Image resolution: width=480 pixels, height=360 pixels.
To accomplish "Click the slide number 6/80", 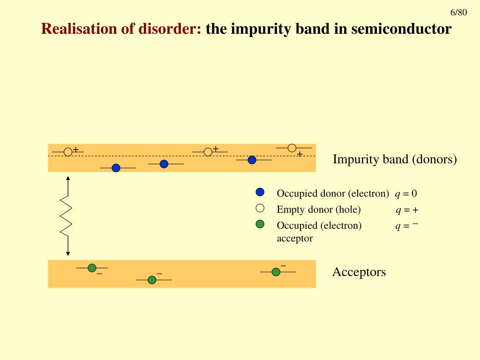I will coord(458,13).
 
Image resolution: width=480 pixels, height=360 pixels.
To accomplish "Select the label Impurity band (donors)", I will coord(395,159).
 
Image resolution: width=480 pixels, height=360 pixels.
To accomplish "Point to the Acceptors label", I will coord(359,272).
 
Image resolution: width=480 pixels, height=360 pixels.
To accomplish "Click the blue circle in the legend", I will coord(260,192).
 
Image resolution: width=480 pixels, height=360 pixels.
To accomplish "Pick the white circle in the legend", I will coord(260,208).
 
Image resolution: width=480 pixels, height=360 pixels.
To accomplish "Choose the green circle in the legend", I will coord(260,224).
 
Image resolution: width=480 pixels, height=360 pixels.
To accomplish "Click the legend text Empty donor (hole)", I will coord(319,210).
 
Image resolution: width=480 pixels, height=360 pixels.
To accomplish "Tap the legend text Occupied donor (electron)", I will coord(333,194).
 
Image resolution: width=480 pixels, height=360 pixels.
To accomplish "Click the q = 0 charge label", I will coord(406,194).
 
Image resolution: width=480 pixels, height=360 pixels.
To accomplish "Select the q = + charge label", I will coord(407,210).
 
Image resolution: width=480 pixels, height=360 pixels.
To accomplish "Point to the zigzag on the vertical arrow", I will coord(66,216).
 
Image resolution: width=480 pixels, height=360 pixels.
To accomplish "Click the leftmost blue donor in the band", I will coord(116,168).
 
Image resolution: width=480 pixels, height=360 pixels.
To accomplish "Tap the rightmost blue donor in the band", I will coord(252,160).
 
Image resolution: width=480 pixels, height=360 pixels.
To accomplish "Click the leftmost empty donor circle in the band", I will coord(68,152).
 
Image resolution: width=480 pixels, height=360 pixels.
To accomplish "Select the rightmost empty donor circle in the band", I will coord(292,148).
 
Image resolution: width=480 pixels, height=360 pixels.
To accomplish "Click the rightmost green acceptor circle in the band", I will coord(276,272).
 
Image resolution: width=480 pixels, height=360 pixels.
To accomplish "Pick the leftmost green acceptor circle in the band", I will coord(92,268).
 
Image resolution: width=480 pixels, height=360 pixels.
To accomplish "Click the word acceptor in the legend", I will coord(295,238).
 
